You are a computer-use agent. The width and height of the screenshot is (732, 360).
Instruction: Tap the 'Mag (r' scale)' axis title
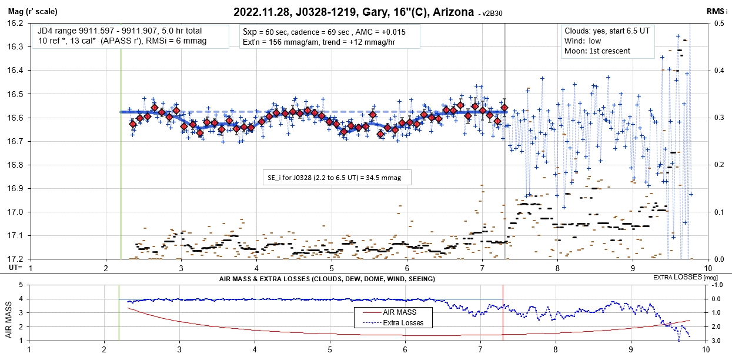tap(29, 11)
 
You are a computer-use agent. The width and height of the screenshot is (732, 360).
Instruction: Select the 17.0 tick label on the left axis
tap(15, 212)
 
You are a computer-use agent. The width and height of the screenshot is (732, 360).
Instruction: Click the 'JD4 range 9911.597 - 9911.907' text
tap(97, 31)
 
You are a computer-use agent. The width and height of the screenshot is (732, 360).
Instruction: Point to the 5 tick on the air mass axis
tap(22, 285)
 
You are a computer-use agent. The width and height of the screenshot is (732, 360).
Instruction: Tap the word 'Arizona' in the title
tap(454, 11)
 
